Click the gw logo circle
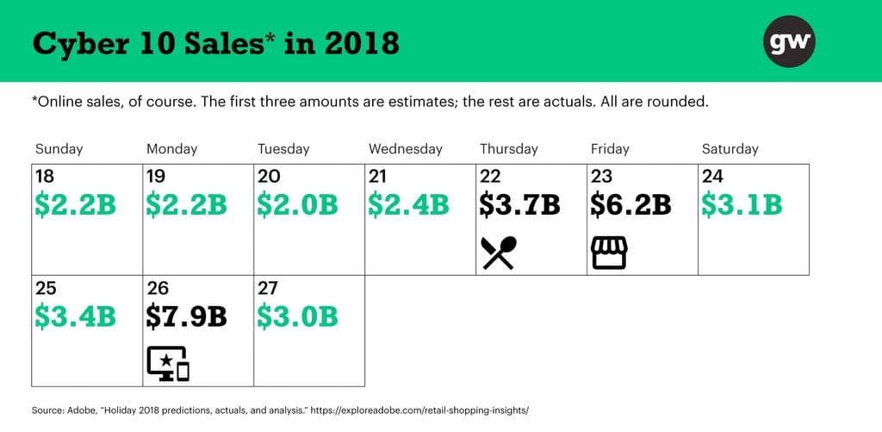789,41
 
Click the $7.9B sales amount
186,316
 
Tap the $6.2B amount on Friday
630,205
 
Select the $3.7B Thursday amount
519,205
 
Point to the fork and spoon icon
499,253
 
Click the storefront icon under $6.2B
609,253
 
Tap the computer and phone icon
168,363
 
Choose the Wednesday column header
406,149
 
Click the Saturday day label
730,149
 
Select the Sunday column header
59,149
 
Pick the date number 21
377,177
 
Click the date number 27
267,288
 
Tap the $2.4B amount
408,205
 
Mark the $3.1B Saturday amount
742,205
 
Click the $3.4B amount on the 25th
75,316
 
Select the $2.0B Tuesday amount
297,205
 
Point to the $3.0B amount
297,316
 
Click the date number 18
45,177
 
